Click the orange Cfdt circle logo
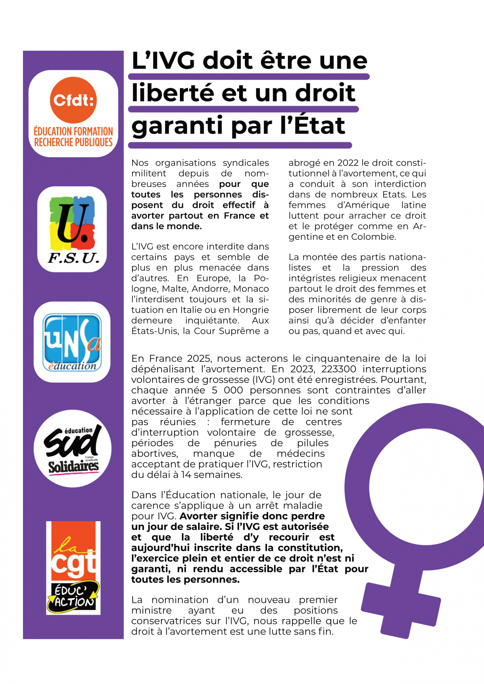pos(73,100)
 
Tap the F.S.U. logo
pos(73,229)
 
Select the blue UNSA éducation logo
pos(72,342)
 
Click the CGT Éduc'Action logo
pos(73,568)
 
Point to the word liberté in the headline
pos(173,93)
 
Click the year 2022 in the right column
pos(348,163)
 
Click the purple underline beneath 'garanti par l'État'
pos(240,145)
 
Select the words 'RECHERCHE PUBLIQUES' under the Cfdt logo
pos(73,142)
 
